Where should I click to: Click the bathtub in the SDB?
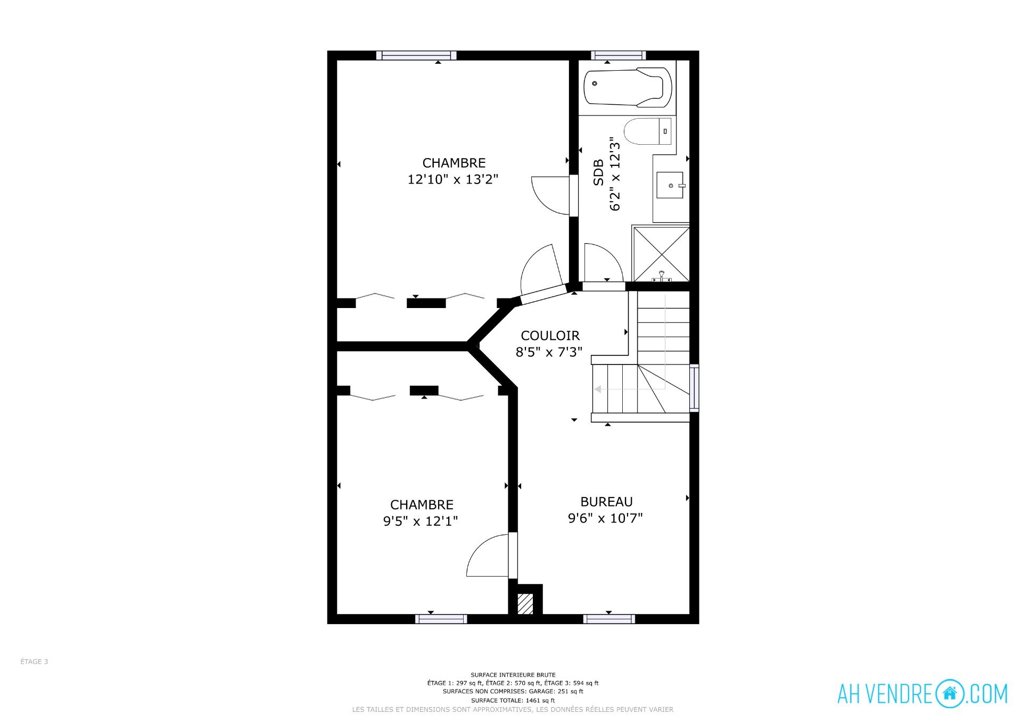(x=628, y=87)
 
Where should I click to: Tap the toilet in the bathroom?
(x=647, y=131)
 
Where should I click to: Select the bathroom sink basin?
(x=670, y=185)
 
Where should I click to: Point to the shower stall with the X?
(x=661, y=254)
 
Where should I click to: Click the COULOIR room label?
(x=550, y=336)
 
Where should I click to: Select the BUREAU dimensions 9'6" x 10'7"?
(x=605, y=518)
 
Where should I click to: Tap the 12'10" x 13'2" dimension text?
(x=453, y=179)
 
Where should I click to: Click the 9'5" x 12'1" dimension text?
(x=421, y=521)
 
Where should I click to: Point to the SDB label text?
(x=598, y=172)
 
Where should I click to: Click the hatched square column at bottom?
(x=525, y=604)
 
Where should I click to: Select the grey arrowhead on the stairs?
(x=598, y=389)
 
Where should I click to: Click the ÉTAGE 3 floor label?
(x=34, y=662)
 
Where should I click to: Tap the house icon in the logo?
(x=949, y=694)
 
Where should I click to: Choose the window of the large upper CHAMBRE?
(x=416, y=55)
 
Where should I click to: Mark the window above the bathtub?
(x=618, y=55)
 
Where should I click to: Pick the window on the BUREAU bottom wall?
(x=609, y=619)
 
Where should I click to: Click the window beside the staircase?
(x=694, y=388)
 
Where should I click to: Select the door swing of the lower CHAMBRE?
(x=487, y=555)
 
